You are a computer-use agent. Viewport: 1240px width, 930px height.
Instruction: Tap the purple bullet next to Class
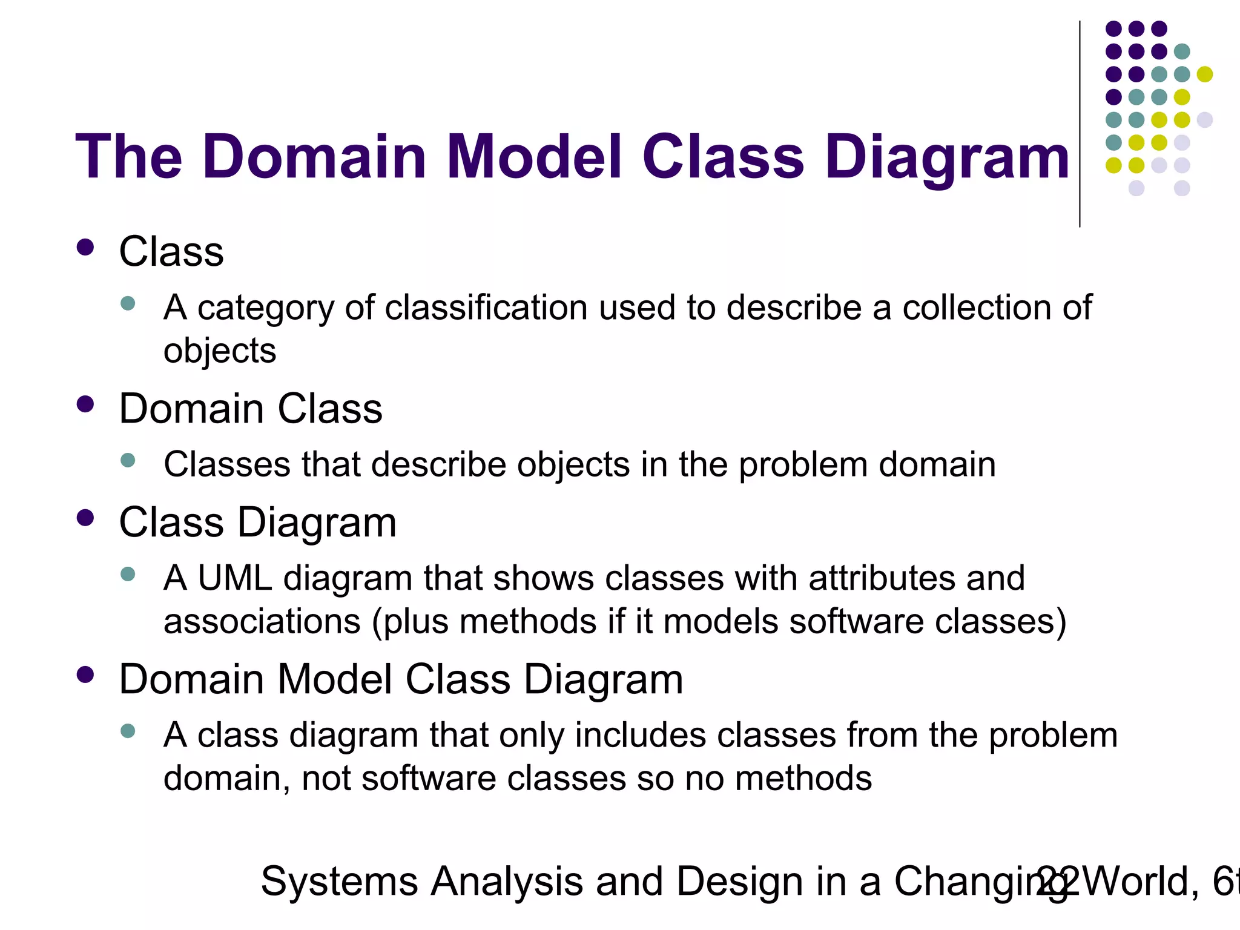85,247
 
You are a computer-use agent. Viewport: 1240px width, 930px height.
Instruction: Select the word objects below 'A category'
219,351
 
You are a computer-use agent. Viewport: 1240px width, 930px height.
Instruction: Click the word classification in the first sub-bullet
486,308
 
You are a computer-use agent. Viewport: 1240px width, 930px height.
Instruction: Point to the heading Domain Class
251,409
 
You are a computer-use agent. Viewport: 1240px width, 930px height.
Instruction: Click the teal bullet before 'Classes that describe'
128,460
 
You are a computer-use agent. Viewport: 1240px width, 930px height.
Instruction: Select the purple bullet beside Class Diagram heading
85,518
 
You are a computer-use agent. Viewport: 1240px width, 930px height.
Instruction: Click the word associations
262,622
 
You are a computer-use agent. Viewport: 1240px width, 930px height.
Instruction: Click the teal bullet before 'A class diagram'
128,730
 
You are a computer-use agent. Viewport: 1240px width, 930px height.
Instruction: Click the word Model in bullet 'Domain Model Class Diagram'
335,679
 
